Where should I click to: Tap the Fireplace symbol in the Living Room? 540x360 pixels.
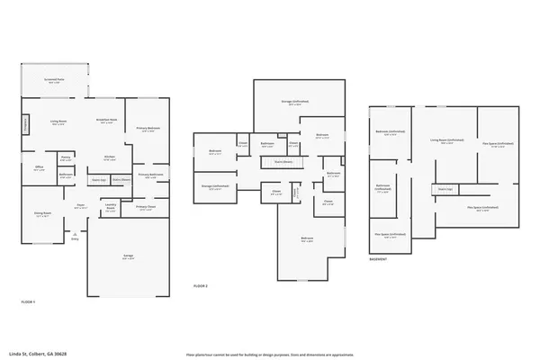(x=25, y=122)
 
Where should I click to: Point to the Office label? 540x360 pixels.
(x=40, y=167)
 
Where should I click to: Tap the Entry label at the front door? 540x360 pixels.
(x=75, y=238)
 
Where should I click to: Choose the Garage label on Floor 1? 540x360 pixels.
(x=128, y=256)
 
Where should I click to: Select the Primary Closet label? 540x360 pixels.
(x=146, y=208)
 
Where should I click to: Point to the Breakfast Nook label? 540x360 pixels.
(x=105, y=120)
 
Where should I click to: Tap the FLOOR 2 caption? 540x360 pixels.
(x=201, y=286)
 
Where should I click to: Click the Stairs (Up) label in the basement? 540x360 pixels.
(x=444, y=189)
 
